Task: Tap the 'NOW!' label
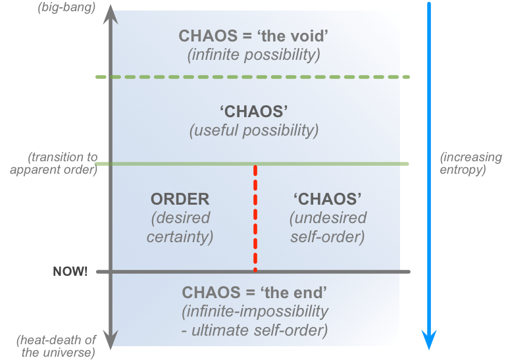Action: (70, 271)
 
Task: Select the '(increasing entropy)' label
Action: (470, 163)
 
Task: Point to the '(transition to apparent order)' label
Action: (63, 163)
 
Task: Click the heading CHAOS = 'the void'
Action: (253, 36)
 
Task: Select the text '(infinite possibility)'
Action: (253, 55)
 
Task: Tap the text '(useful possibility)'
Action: (253, 130)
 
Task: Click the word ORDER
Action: (180, 199)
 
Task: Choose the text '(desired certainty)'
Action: (180, 227)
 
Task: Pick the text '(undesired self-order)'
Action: (328, 227)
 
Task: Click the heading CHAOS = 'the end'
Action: (254, 292)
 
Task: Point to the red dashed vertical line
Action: (255, 217)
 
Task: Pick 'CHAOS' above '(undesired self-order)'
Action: (328, 199)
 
